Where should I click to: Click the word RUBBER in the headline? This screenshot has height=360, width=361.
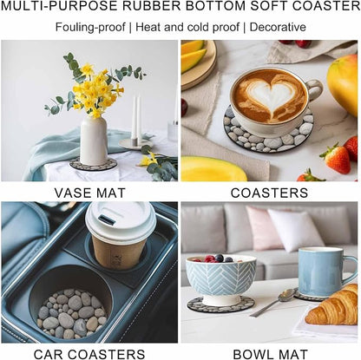pos(156,6)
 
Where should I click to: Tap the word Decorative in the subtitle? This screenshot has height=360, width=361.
pos(278,27)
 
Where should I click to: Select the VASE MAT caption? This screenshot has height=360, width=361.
pos(90,193)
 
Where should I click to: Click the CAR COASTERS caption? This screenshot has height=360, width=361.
pos(89,354)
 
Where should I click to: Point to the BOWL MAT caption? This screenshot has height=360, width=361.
pos(271,354)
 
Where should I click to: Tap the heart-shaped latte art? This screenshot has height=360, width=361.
pos(272,95)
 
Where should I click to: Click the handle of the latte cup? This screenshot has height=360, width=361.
pos(314,90)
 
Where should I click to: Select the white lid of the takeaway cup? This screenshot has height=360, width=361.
pos(121,221)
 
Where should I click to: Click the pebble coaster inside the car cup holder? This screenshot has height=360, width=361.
pos(72,314)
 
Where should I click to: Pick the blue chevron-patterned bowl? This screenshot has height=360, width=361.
pos(220,278)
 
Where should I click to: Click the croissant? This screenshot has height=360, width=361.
pos(333,306)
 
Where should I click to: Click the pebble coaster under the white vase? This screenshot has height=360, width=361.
pos(93,164)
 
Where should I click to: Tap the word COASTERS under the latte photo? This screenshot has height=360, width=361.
pos(269,193)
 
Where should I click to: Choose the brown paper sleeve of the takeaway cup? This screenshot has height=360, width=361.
pos(119,252)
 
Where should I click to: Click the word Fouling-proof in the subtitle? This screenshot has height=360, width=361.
pos(90,27)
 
